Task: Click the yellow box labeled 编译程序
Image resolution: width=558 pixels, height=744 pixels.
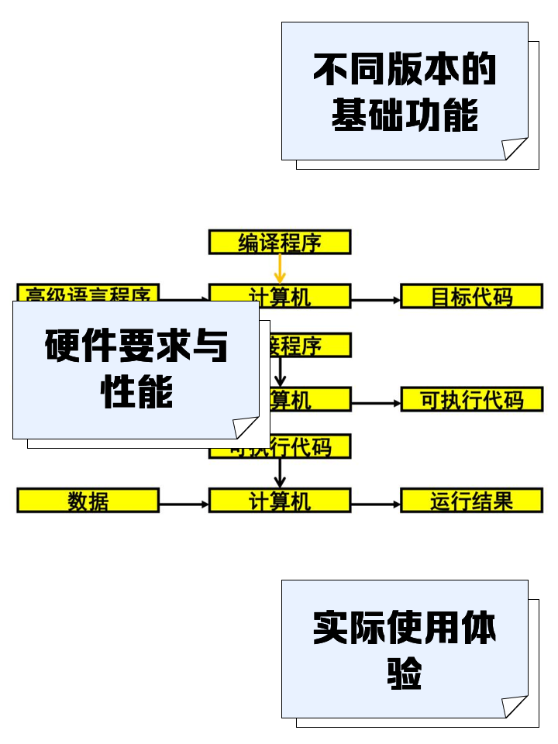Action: [x=280, y=242]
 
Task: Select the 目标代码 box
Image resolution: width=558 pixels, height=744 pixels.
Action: [x=471, y=296]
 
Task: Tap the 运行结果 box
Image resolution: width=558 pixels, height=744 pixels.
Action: [x=471, y=501]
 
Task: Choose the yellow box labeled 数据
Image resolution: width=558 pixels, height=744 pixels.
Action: [x=88, y=501]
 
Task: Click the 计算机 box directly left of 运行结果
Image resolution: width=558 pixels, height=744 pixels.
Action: [x=280, y=501]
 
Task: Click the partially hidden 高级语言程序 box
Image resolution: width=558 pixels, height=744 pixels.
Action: [x=88, y=293]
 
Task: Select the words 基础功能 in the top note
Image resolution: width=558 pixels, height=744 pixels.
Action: [x=405, y=115]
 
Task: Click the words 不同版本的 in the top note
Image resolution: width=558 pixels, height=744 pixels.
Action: [x=405, y=70]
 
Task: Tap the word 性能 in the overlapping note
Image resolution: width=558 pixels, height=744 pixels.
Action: [x=136, y=392]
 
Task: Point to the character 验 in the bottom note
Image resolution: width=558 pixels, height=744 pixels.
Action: [x=405, y=673]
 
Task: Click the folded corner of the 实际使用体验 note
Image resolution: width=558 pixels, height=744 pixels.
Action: [x=515, y=706]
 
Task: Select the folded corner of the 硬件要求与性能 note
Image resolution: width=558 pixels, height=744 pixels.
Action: [x=246, y=427]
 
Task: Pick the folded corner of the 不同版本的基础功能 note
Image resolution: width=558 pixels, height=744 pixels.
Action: [x=515, y=148]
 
